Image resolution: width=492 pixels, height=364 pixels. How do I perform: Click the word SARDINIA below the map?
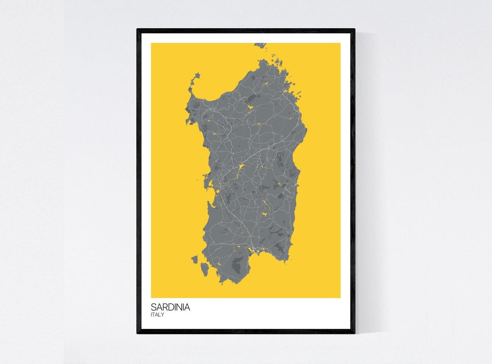pyautogui.click(x=170, y=307)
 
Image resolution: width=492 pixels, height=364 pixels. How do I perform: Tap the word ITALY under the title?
pyautogui.click(x=158, y=315)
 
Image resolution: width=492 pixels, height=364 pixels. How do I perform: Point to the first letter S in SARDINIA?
pyautogui.click(x=154, y=307)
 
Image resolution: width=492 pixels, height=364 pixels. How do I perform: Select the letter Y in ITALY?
pyautogui.click(x=163, y=315)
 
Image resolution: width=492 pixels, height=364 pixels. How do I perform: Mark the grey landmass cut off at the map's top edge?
pyautogui.click(x=260, y=45)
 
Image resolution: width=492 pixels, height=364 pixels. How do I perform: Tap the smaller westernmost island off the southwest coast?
pyautogui.click(x=195, y=259)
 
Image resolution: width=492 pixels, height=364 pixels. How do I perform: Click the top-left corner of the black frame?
pyautogui.click(x=138, y=30)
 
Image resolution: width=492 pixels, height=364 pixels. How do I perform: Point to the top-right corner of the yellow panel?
pyautogui.click(x=340, y=43)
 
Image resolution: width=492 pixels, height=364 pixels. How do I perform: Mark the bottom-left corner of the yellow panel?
pyautogui.click(x=152, y=298)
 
